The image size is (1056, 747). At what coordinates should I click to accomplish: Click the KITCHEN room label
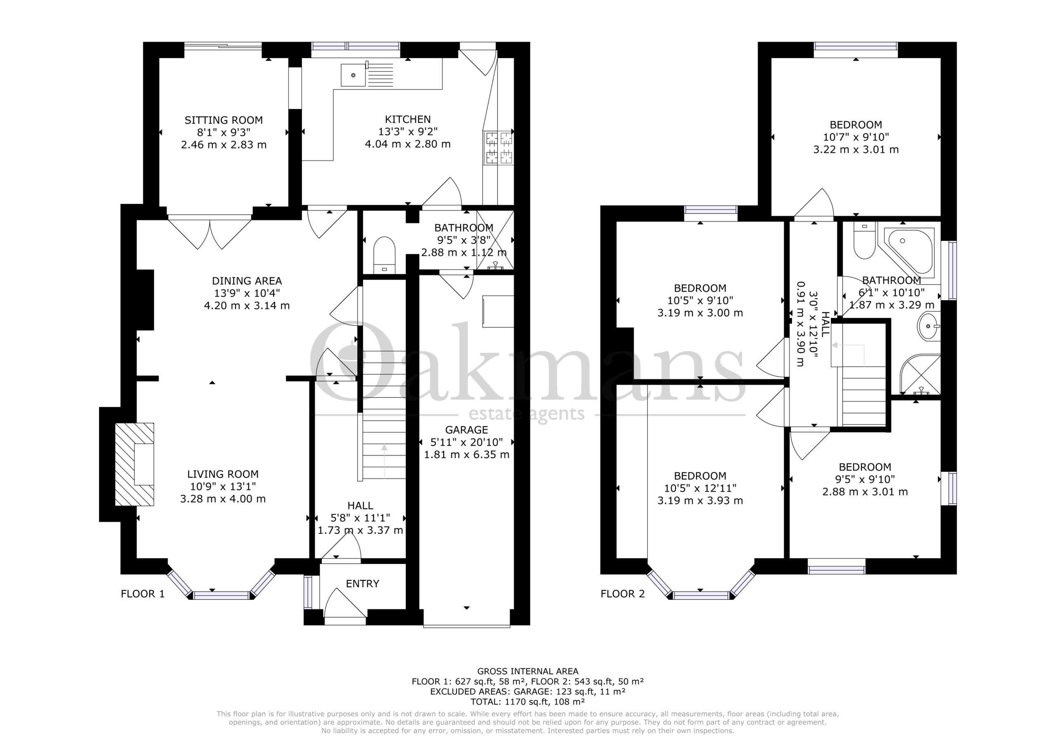[x=408, y=120]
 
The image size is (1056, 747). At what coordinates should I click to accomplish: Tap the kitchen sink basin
[x=353, y=75]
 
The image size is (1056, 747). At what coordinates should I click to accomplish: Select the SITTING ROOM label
[x=224, y=120]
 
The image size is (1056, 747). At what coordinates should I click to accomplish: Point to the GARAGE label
[x=467, y=430]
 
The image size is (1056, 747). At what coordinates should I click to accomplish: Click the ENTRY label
[x=363, y=584]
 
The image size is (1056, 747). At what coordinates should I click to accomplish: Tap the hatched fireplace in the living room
[x=134, y=464]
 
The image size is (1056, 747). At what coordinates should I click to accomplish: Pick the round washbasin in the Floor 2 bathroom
[x=929, y=326]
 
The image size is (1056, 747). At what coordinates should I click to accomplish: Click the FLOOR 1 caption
[x=143, y=594]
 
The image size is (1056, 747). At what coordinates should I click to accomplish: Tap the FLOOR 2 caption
[x=623, y=594]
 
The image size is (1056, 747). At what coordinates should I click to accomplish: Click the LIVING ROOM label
[x=223, y=474]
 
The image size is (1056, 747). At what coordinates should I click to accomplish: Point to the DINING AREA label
[x=247, y=281]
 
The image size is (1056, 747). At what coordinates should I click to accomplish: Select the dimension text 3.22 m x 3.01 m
[x=856, y=149]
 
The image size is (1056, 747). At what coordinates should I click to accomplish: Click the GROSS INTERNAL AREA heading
[x=528, y=672]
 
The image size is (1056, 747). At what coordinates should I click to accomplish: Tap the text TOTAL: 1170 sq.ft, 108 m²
[x=528, y=702]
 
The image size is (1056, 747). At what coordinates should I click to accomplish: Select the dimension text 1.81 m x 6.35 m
[x=467, y=455]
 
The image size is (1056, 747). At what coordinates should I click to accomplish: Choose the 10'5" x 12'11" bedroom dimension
[x=700, y=488]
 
